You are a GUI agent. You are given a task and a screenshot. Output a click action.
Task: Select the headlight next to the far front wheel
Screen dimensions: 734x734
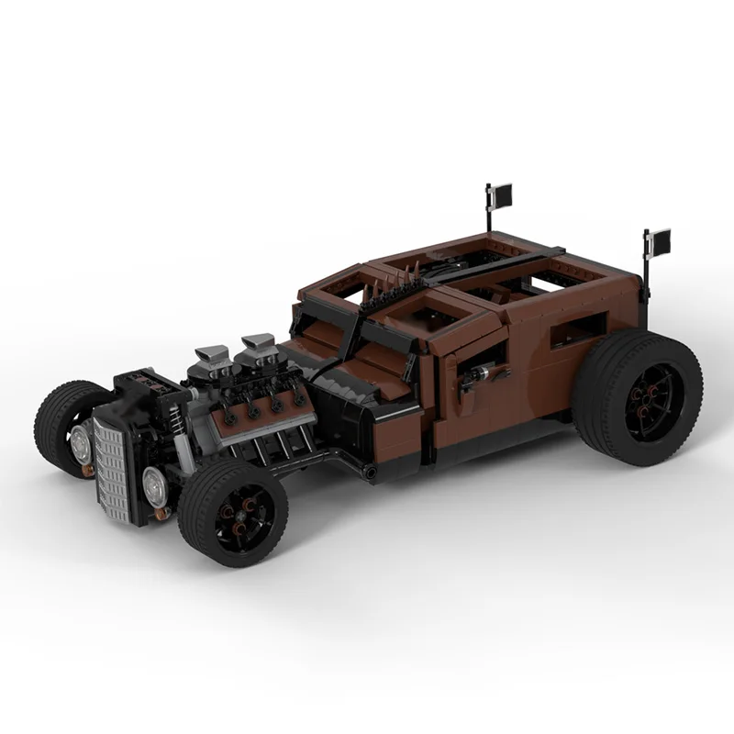tap(81, 439)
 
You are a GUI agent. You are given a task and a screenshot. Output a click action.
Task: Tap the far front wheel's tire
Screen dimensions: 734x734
tap(57, 417)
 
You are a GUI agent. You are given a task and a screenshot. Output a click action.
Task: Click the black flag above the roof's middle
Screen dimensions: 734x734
tap(502, 195)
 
